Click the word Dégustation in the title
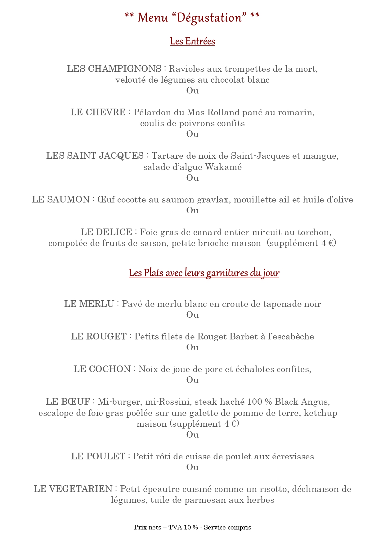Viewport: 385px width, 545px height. [209, 18]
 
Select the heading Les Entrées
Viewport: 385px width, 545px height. [192, 41]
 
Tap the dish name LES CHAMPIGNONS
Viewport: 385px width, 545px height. [114, 69]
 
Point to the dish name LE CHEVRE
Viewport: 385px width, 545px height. [98, 112]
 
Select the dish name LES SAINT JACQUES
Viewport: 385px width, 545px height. [95, 156]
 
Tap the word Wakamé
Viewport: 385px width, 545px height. [223, 167]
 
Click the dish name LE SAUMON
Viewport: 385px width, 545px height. [61, 199]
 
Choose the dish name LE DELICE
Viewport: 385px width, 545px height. [106, 232]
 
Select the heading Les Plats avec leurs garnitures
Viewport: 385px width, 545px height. [204, 273]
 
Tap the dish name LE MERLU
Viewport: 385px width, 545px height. [89, 304]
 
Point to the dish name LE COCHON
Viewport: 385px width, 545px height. [102, 369]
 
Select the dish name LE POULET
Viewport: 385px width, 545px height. [98, 456]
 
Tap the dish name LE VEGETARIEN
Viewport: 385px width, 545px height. [73, 489]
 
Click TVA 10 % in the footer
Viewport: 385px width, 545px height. [183, 527]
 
